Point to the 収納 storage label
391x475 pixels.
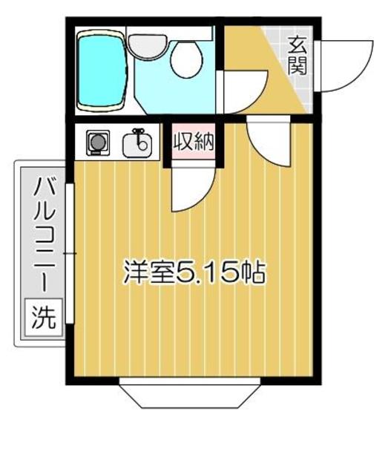194,140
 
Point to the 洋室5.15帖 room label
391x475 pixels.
194,272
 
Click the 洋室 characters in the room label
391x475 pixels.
149,272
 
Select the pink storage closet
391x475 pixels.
194,140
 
